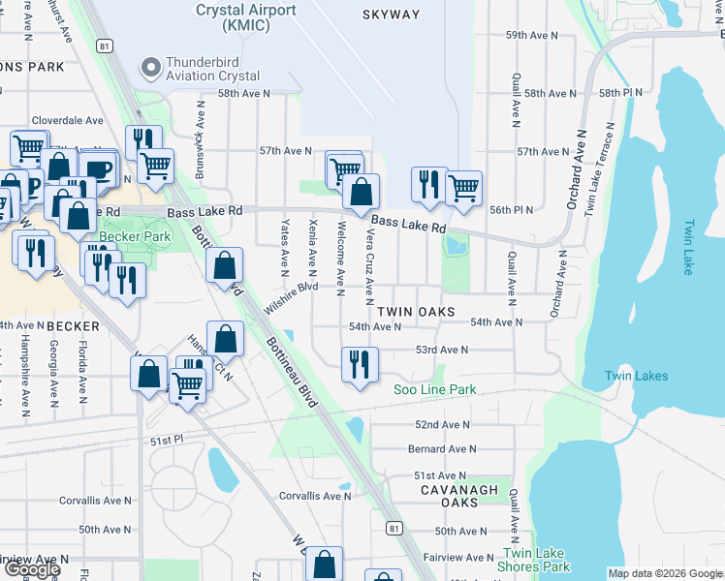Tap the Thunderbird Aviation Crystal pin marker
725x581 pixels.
[x=149, y=68]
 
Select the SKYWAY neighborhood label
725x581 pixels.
[x=392, y=15]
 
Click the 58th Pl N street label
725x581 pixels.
[x=621, y=92]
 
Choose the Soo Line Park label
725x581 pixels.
[x=435, y=389]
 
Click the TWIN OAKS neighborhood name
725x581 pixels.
[x=416, y=312]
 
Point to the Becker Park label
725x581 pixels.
[x=135, y=236]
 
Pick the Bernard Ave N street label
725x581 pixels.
[x=442, y=449]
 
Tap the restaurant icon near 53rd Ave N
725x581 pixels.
[x=360, y=364]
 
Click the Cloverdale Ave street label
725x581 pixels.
[x=67, y=121]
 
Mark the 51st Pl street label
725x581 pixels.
[x=167, y=440]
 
